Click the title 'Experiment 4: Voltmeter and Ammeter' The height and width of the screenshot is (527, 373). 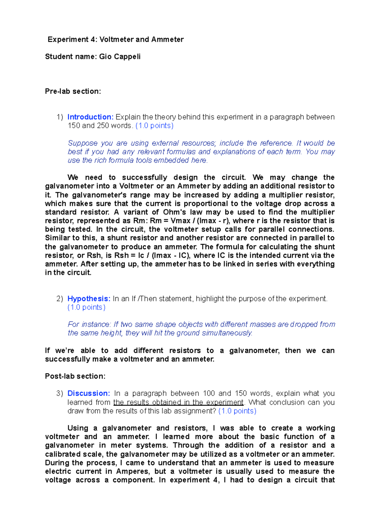(x=115, y=40)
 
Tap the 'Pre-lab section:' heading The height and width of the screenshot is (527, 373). (x=73, y=91)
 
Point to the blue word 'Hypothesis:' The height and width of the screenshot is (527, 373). (x=89, y=299)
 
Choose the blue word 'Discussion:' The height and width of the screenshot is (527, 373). (x=89, y=393)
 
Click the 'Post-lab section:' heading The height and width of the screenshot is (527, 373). (x=75, y=376)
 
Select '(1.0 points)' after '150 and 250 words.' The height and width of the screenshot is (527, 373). (x=154, y=126)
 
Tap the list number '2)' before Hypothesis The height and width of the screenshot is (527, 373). (x=60, y=299)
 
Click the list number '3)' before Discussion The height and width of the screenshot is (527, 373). (x=60, y=393)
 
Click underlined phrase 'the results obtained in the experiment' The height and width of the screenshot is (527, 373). (x=178, y=402)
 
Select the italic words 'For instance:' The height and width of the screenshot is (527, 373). (x=89, y=324)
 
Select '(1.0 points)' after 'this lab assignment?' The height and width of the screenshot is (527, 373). (x=237, y=411)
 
